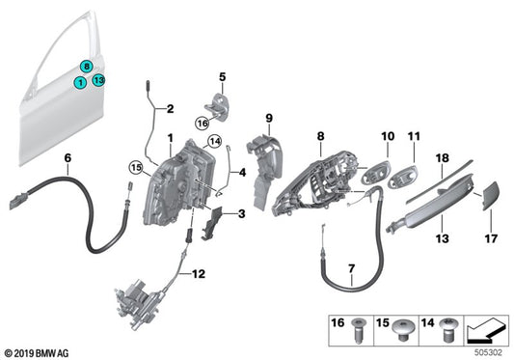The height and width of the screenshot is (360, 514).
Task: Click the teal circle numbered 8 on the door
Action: (87, 67)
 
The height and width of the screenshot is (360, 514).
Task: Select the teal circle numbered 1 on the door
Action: (80, 84)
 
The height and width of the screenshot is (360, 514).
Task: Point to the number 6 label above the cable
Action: (67, 157)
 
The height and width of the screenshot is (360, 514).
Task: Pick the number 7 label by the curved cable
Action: (351, 266)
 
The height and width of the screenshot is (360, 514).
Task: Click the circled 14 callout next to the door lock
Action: (215, 142)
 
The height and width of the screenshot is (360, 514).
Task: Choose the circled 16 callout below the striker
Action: (202, 124)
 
